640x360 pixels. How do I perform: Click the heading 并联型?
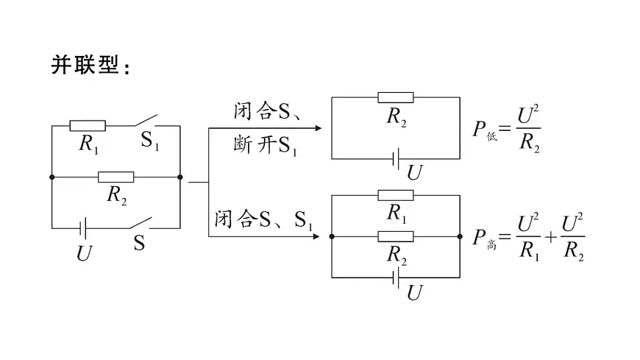(x=85, y=65)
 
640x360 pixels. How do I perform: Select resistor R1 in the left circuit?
(x=88, y=126)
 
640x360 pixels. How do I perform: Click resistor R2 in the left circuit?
(x=116, y=177)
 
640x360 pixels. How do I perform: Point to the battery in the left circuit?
(x=83, y=228)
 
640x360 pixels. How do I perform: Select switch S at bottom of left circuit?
(x=141, y=223)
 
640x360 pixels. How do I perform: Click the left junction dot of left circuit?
(x=51, y=177)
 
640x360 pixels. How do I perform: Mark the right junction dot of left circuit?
(x=180, y=177)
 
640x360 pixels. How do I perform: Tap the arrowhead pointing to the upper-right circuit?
(x=319, y=128)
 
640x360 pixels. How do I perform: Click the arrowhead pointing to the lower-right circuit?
(x=316, y=236)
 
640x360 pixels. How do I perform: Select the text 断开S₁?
(x=265, y=146)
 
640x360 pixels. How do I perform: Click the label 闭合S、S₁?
(x=263, y=220)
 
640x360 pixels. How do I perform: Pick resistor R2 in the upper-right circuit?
(x=396, y=97)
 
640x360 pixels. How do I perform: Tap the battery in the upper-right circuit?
(x=395, y=158)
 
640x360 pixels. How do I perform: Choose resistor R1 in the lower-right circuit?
(x=396, y=195)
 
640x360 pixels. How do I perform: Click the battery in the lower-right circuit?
(x=395, y=278)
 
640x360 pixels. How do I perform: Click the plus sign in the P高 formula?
(x=550, y=237)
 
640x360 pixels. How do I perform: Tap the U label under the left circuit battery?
(x=84, y=253)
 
